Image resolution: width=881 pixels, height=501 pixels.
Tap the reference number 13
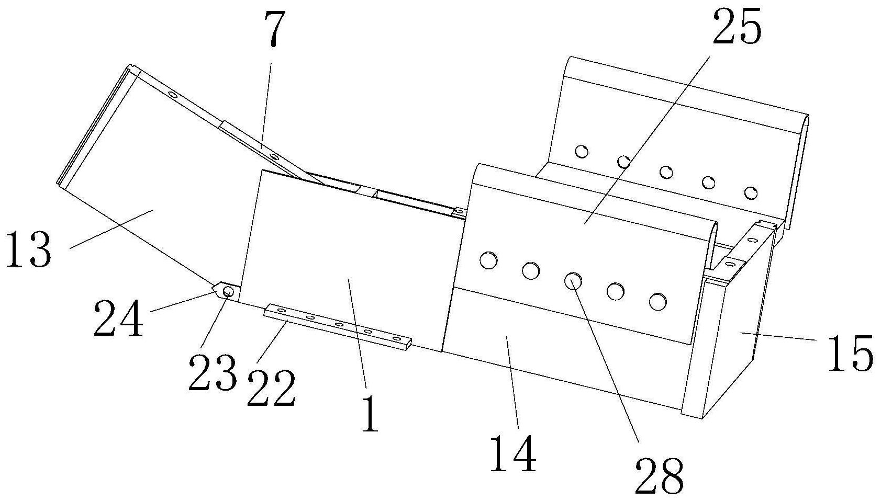click(x=29, y=249)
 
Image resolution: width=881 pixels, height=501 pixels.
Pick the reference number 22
click(x=271, y=388)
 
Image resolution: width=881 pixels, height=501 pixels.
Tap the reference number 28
click(x=659, y=476)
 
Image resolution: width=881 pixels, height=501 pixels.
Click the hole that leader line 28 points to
click(x=573, y=281)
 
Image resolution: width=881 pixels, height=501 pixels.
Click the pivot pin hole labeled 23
click(x=228, y=291)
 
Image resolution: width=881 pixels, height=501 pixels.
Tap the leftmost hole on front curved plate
click(x=488, y=260)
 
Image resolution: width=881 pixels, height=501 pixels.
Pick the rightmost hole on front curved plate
click(x=657, y=301)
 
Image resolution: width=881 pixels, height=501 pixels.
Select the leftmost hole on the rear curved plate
click(x=581, y=152)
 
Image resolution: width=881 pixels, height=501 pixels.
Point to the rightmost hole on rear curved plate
click(x=751, y=192)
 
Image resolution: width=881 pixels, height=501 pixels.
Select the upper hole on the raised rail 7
click(x=171, y=95)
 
